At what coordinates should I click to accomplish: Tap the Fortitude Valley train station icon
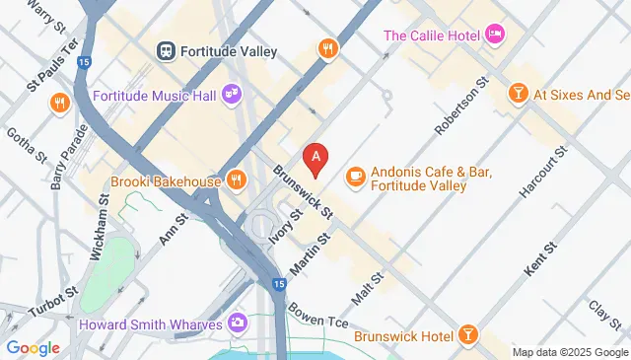pyautogui.click(x=166, y=49)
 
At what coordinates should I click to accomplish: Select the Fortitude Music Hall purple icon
pyautogui.click(x=235, y=96)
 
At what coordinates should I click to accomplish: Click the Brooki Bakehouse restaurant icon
pyautogui.click(x=235, y=180)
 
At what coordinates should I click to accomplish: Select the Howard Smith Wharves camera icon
pyautogui.click(x=237, y=322)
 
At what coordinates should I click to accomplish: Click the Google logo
pyautogui.click(x=33, y=347)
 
